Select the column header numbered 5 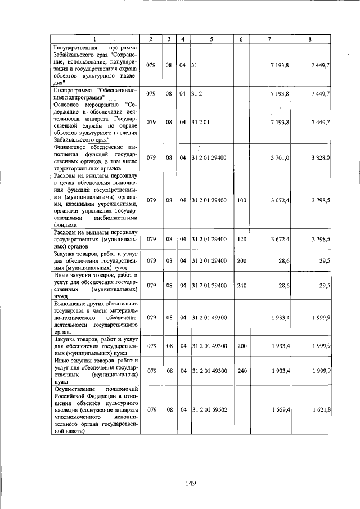coord(211,38)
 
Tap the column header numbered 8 coord(310,38)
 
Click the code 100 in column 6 coord(242,200)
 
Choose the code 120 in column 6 coord(242,239)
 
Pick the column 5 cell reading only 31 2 coord(196,93)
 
